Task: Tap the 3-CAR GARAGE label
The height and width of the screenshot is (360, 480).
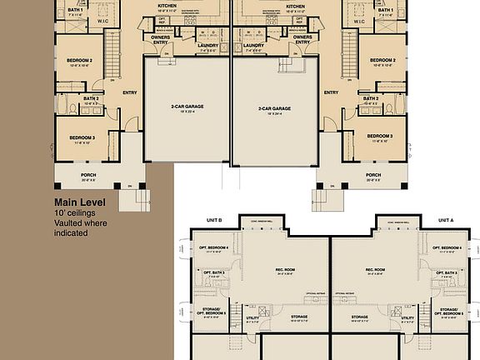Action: tap(274, 107)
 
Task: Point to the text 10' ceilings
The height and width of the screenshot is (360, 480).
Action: tap(73, 213)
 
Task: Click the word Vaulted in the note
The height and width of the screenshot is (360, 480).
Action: tap(69, 223)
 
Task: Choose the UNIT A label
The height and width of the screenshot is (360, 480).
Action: tap(446, 221)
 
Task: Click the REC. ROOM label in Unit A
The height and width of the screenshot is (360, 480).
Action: tap(374, 270)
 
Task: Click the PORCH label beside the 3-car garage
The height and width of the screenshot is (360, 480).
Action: tap(373, 175)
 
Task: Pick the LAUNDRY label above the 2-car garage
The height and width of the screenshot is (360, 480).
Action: tap(207, 46)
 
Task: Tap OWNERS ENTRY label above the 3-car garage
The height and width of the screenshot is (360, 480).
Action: tap(303, 38)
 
